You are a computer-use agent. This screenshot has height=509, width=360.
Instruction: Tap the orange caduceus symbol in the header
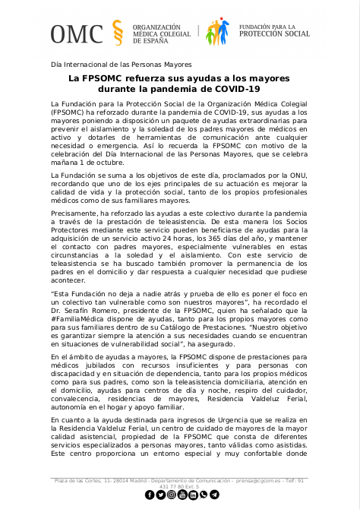pos(117,33)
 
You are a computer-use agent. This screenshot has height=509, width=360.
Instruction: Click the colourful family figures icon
pos(219,33)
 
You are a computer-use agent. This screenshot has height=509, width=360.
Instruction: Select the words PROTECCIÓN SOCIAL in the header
pos(274,34)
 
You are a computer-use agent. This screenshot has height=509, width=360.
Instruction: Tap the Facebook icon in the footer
pos(150,495)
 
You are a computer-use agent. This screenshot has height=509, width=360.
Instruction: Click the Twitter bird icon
pos(160,495)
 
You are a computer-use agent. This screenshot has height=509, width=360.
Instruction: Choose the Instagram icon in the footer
pos(172,495)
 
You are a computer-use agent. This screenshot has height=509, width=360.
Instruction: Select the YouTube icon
pos(182,495)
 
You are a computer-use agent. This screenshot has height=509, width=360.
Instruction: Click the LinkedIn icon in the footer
pos(193,495)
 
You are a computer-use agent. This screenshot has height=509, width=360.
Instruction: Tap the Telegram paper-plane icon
pos(215,495)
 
